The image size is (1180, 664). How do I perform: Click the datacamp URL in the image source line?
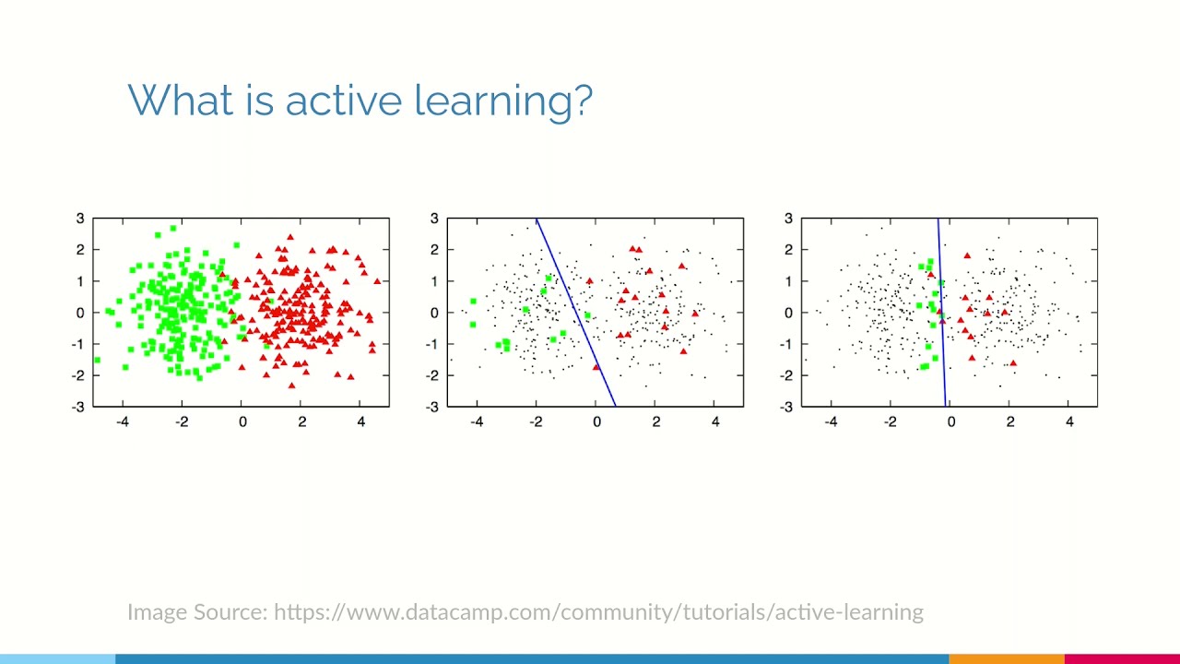point(598,612)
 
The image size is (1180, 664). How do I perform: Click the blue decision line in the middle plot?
point(575,312)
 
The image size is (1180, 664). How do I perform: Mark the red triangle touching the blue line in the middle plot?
point(596,367)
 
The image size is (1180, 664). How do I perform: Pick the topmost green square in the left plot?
point(172,228)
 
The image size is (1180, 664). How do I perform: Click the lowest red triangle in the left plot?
point(292,385)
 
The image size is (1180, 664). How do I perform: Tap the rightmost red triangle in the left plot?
point(377,280)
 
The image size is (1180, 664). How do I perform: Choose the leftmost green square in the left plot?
point(97,360)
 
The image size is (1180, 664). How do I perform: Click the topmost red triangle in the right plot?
point(967,255)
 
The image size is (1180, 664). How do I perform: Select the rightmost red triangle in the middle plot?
point(694,314)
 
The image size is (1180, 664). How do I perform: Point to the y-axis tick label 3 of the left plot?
point(80,219)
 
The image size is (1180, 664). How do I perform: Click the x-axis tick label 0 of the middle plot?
point(596,422)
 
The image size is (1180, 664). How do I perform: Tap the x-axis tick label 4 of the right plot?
point(1069,422)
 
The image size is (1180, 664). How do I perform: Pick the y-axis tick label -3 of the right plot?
point(786,406)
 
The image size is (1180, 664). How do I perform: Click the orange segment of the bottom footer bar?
point(1006,658)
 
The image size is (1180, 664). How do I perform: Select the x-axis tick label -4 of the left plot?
point(122,422)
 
